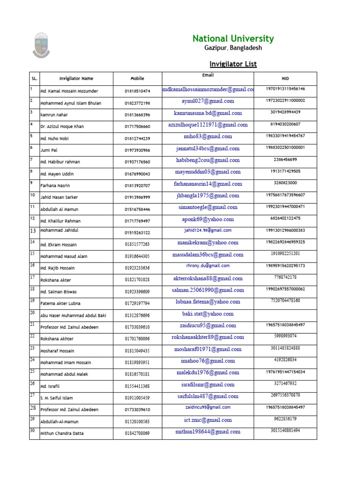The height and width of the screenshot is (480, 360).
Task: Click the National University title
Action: click(x=233, y=39)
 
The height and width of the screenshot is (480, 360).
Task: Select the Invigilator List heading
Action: click(x=232, y=64)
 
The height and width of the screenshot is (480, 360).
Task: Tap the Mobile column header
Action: click(x=137, y=79)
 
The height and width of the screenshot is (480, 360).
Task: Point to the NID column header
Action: click(x=285, y=79)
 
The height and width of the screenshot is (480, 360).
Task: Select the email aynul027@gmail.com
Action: click(x=208, y=101)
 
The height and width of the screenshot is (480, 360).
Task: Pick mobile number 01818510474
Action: click(x=137, y=91)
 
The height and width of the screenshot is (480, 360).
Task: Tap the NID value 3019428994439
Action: click(x=285, y=112)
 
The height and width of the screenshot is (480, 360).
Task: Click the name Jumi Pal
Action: click(x=48, y=150)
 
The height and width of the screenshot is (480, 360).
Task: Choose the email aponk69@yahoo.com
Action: click(x=208, y=219)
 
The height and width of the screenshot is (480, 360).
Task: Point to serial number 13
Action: click(x=33, y=231)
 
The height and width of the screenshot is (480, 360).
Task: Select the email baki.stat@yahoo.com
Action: click(x=208, y=314)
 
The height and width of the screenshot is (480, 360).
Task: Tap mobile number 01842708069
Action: click(x=137, y=434)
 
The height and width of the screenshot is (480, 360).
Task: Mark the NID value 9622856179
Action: click(x=285, y=419)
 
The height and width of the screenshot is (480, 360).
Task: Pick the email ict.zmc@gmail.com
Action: click(x=208, y=420)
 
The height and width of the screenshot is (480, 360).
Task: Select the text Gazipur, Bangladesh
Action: click(x=233, y=48)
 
